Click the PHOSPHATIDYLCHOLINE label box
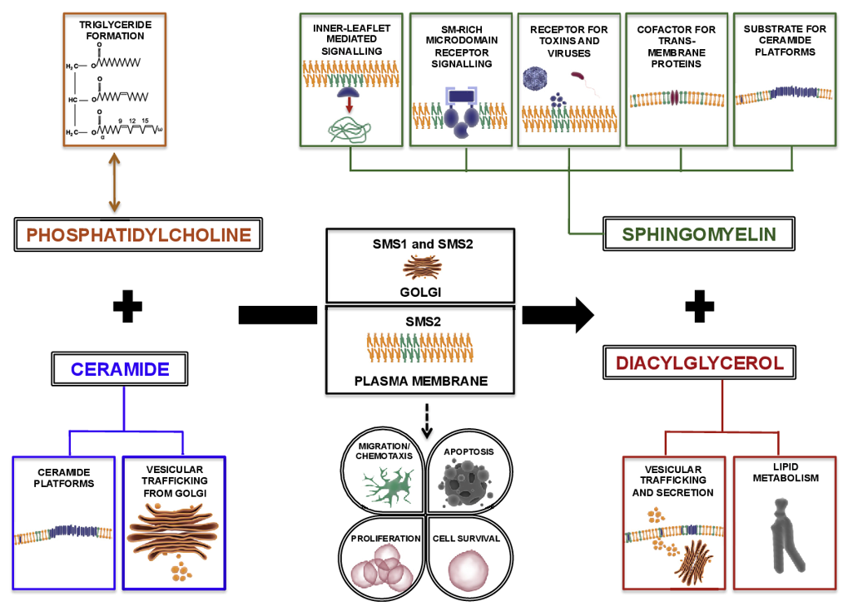pos(139,234)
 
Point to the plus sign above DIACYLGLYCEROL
pos(700,308)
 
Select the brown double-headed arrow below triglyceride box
pos(114,181)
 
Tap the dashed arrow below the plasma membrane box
pos(426,420)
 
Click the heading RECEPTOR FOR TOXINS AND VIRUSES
pos(569,41)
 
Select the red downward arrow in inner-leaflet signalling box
pos(350,106)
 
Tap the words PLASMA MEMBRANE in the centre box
pos(419,382)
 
